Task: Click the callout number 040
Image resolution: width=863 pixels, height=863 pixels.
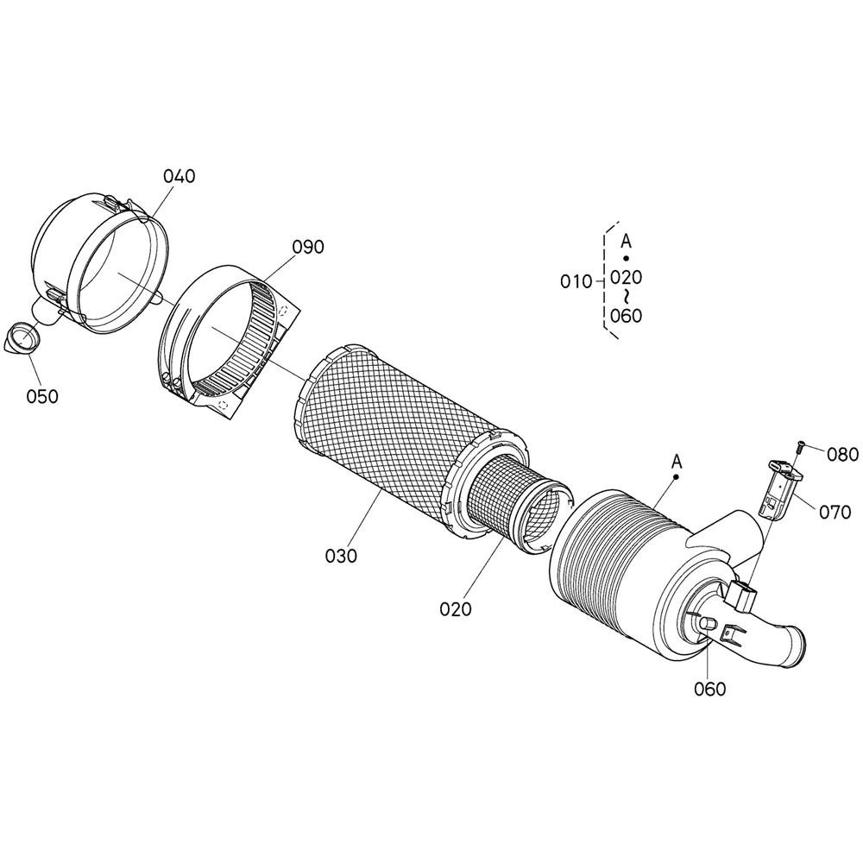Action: coord(180,176)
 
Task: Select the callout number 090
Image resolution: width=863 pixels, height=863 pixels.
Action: coord(308,247)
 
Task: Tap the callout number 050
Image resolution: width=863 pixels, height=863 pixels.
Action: coord(42,396)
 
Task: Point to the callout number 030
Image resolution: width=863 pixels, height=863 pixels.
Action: coord(341,556)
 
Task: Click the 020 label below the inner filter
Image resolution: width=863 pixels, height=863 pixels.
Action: coord(456,609)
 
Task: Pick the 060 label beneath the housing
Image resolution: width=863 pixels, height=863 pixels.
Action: coord(710,689)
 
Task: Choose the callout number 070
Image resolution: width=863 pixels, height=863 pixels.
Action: coord(835,513)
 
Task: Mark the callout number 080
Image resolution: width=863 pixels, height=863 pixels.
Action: coord(842,455)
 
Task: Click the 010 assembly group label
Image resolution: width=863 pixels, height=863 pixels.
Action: coord(576,282)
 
